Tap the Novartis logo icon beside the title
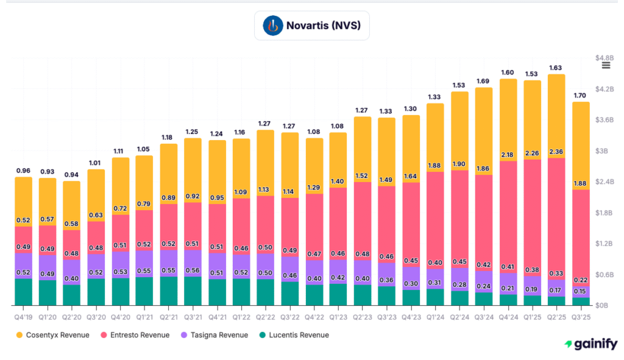273,26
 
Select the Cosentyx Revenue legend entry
56,335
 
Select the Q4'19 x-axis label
23,316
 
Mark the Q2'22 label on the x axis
265,316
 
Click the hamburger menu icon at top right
606,66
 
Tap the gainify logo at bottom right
590,344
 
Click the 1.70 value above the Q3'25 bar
580,96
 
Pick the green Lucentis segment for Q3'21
193,291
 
